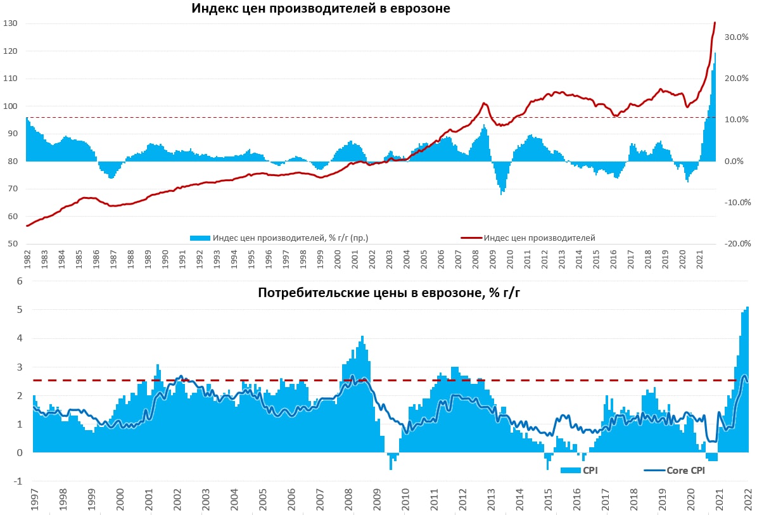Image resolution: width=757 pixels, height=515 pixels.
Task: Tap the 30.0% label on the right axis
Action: (x=737, y=37)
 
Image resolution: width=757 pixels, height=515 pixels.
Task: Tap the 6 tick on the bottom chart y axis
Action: (x=20, y=281)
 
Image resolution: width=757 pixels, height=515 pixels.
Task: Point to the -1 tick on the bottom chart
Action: (x=18, y=481)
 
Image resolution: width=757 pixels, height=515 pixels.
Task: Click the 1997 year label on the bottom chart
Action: (x=34, y=500)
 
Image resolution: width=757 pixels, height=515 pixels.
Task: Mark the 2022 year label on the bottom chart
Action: (x=748, y=500)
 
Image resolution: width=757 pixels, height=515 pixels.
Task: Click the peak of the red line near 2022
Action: (x=715, y=23)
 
